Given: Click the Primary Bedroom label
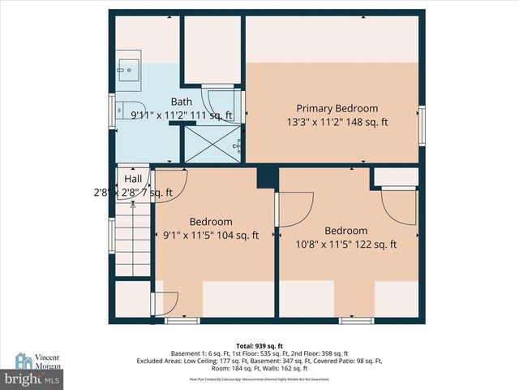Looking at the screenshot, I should click(x=337, y=108).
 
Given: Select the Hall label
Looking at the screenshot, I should click(x=133, y=179).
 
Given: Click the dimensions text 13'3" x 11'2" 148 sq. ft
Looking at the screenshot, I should click(x=337, y=123).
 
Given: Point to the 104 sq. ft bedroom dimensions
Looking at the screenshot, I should click(x=210, y=236).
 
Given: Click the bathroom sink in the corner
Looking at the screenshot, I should click(x=128, y=70).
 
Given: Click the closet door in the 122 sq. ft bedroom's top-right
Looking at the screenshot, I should click(x=397, y=205).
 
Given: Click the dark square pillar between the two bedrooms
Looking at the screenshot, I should click(x=267, y=176).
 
